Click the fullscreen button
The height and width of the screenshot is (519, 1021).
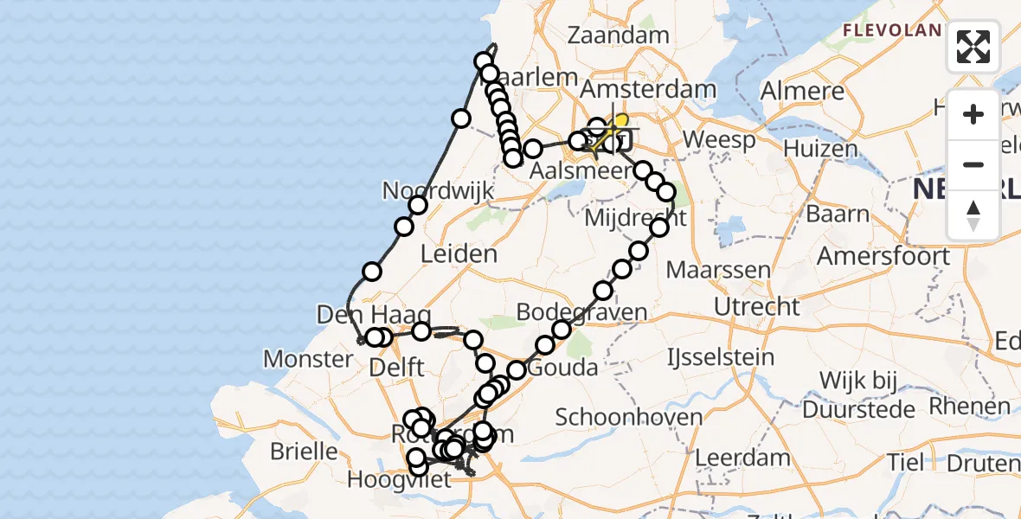pyautogui.click(x=973, y=47)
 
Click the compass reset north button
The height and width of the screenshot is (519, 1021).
pyautogui.click(x=973, y=215)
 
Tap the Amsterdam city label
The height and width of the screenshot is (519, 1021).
pyautogui.click(x=648, y=89)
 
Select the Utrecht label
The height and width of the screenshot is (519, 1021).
pyautogui.click(x=757, y=306)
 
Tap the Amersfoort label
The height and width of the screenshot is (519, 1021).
pyautogui.click(x=883, y=256)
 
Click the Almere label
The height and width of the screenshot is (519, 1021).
pyautogui.click(x=802, y=91)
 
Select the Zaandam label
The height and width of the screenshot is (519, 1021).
pyautogui.click(x=619, y=35)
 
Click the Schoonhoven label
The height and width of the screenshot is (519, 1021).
pyautogui.click(x=629, y=418)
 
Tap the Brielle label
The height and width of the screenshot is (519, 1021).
pyautogui.click(x=304, y=451)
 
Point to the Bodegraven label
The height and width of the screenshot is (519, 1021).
pyautogui.click(x=581, y=311)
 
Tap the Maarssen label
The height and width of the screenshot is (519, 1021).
pyautogui.click(x=718, y=270)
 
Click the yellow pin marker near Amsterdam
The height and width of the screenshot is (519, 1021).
pyautogui.click(x=620, y=122)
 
